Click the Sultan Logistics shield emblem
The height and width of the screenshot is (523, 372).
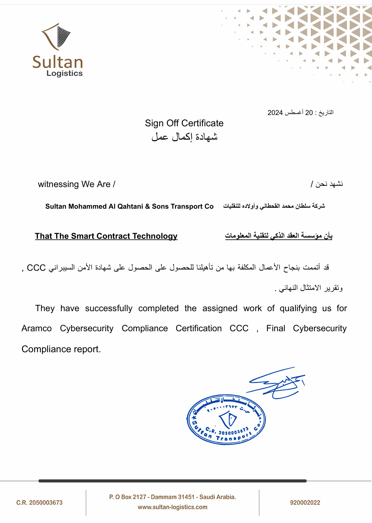[57, 36]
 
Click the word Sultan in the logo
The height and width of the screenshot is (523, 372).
[58, 62]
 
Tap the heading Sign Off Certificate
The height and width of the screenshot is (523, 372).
[184, 123]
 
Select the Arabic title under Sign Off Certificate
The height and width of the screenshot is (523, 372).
[184, 137]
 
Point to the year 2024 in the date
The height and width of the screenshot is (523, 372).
[275, 113]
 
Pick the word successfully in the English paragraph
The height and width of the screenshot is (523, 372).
[109, 308]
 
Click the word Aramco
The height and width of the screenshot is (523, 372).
[37, 328]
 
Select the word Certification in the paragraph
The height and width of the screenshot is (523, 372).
[199, 328]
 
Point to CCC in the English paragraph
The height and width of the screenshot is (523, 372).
[239, 328]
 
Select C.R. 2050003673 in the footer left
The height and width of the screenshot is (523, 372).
[40, 503]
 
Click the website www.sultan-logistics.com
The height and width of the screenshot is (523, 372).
[173, 507]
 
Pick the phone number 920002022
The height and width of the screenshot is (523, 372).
[305, 503]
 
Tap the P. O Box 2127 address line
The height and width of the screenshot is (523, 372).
[173, 497]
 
